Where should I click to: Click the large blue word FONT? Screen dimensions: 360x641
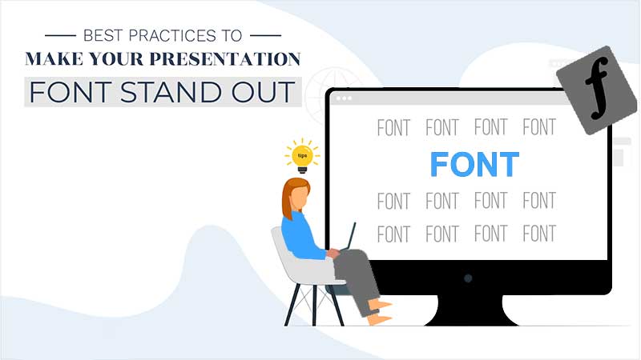(474, 164)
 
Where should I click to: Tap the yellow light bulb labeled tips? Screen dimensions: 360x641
(302, 157)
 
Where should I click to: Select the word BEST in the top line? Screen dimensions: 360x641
(103, 35)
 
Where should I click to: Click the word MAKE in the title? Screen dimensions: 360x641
(57, 60)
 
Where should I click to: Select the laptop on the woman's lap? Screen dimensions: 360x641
(350, 238)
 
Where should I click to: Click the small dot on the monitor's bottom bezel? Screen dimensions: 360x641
(468, 278)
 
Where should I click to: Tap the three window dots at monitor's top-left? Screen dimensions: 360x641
(344, 98)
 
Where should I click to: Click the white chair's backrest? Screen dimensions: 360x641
(283, 252)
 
